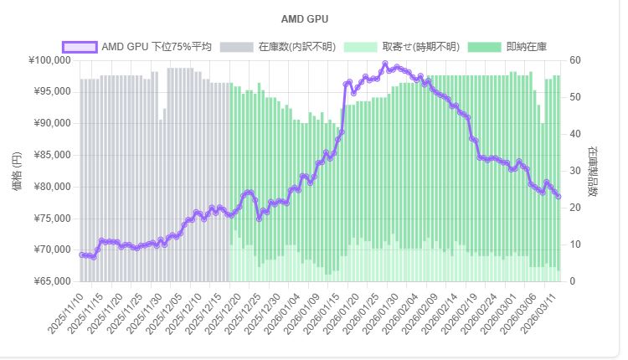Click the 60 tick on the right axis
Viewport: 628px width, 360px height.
pyautogui.click(x=577, y=60)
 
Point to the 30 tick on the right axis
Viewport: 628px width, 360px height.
pyautogui.click(x=577, y=171)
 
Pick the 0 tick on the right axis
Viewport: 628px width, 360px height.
pyautogui.click(x=574, y=281)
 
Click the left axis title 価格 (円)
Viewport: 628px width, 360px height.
pyautogui.click(x=18, y=171)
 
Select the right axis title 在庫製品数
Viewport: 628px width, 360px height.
pyautogui.click(x=593, y=171)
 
